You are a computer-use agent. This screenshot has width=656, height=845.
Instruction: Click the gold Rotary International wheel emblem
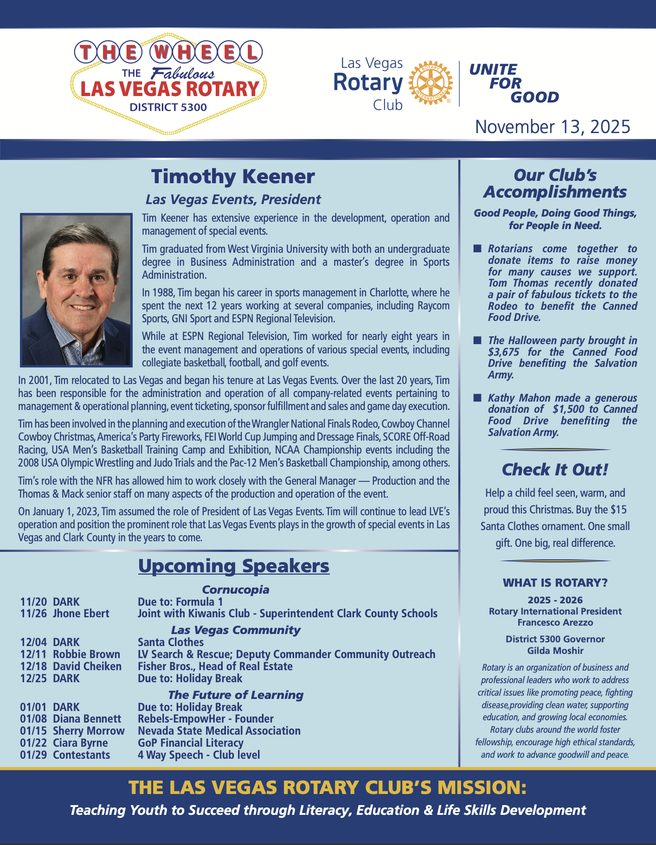[x=430, y=83]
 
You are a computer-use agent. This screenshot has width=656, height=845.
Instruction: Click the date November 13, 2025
[x=553, y=127]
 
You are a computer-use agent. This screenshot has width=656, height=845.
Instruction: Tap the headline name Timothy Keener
[x=233, y=177]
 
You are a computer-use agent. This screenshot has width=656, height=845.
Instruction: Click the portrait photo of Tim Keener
[x=77, y=289]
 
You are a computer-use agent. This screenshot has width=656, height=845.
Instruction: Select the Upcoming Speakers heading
[x=234, y=566]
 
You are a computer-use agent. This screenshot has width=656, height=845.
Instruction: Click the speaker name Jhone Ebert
[x=81, y=614]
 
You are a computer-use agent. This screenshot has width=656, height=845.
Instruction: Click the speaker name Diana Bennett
[x=87, y=719]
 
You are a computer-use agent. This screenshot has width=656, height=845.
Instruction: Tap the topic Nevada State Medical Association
[x=219, y=731]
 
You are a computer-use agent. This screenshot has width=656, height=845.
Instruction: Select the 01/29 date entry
[x=33, y=755]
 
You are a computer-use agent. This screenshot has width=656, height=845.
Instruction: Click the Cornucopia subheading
[x=236, y=589]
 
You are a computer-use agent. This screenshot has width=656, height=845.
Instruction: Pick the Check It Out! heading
[x=555, y=470]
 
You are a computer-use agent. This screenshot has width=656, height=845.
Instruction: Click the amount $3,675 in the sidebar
[x=503, y=352]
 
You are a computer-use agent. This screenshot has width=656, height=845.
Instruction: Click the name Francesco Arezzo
[x=555, y=622]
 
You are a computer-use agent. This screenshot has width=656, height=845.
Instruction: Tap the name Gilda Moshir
[x=555, y=651]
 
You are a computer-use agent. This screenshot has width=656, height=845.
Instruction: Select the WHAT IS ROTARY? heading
[x=555, y=583]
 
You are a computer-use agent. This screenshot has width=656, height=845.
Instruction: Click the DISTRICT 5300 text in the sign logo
[x=168, y=108]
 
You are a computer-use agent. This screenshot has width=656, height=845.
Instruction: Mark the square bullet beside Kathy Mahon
[x=477, y=398]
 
